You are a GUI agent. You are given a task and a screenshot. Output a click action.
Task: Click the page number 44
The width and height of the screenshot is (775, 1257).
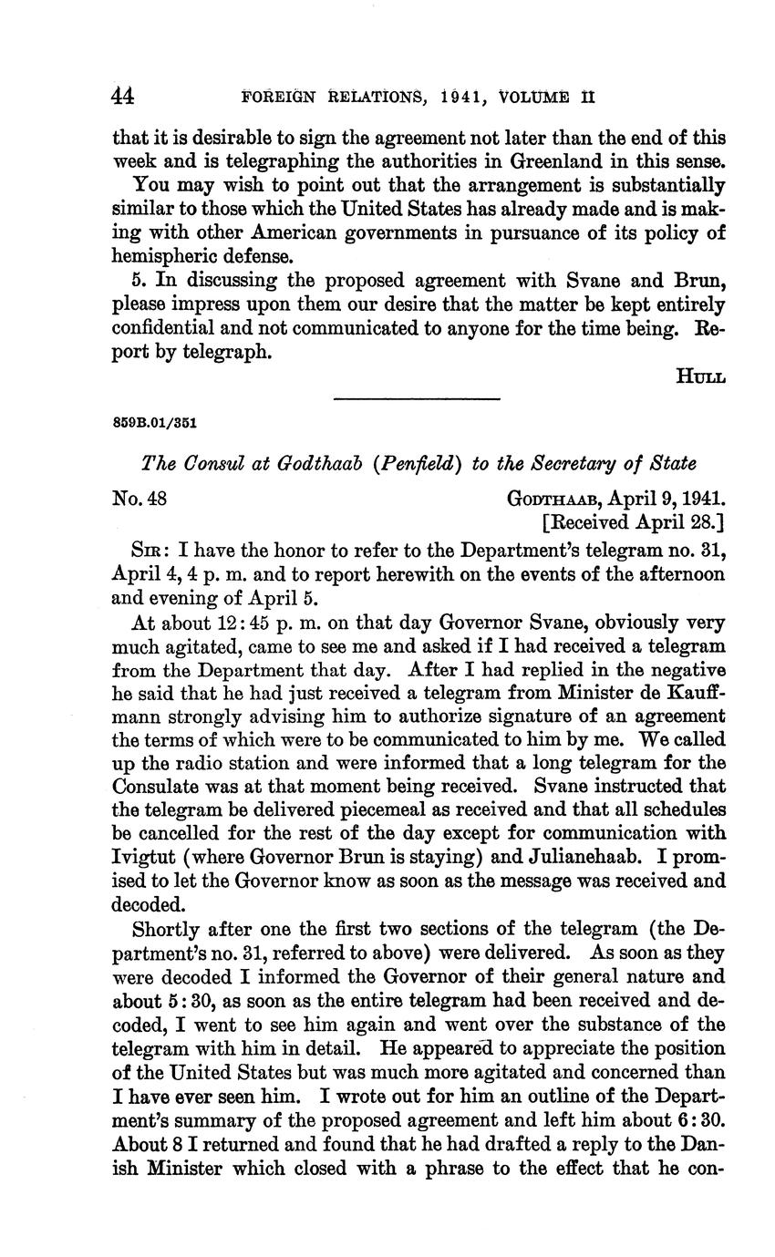(x=123, y=96)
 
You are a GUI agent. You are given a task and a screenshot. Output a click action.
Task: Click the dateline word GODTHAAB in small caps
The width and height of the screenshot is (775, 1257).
(x=553, y=499)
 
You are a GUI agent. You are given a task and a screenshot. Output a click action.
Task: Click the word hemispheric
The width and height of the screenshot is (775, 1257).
(x=160, y=256)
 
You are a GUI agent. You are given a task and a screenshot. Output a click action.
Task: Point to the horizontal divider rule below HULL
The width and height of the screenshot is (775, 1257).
(x=418, y=398)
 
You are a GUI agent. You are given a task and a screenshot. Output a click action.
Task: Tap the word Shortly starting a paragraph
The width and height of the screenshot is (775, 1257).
(x=166, y=929)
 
